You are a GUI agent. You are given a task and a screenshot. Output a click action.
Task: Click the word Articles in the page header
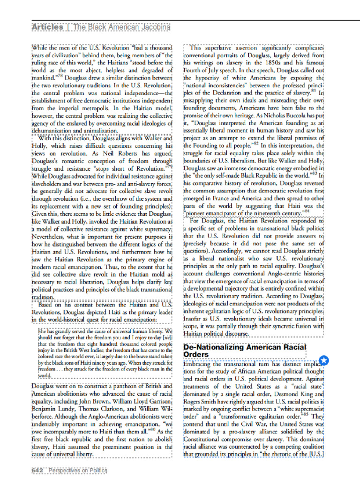tap(47, 27)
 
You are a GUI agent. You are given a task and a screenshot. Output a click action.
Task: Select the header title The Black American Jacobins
tap(121, 27)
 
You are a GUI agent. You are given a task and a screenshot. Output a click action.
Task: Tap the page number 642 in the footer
tap(37, 470)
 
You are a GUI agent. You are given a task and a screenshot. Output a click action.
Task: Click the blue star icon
tap(324, 360)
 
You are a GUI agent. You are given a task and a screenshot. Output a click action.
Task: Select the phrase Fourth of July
tap(202, 70)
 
